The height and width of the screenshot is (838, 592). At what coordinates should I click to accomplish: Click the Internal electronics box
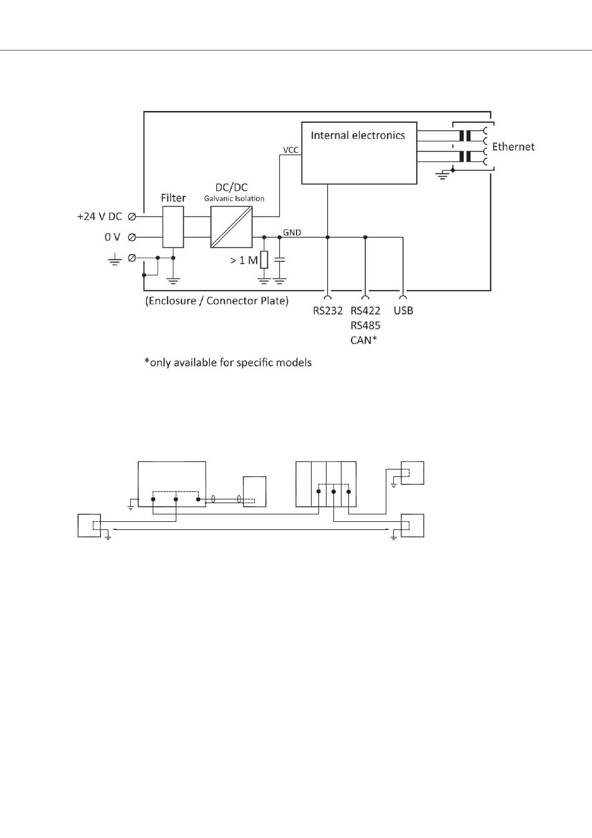359,153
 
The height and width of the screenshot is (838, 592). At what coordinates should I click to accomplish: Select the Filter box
173,227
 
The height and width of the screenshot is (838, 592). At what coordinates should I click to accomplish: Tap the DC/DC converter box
231,227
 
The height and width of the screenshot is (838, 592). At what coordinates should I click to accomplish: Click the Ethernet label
513,147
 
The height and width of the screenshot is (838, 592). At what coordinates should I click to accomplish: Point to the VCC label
290,150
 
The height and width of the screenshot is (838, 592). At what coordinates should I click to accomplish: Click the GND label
292,233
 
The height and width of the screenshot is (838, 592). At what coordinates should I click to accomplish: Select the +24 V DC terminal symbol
132,216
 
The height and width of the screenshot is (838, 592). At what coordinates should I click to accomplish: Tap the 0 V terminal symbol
132,237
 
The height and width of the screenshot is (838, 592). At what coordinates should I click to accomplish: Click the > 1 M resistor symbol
264,260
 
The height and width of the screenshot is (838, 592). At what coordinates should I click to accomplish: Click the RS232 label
328,311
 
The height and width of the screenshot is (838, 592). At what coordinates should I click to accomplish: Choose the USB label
403,311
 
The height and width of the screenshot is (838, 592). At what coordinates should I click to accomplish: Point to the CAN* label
365,340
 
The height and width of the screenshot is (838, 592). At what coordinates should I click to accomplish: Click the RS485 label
365,325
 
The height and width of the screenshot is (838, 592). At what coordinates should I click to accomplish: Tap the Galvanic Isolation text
234,199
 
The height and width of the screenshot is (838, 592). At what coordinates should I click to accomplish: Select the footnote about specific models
227,362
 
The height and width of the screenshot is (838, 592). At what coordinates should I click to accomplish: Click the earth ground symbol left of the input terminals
114,260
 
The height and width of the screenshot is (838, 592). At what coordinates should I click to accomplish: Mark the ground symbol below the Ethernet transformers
442,176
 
